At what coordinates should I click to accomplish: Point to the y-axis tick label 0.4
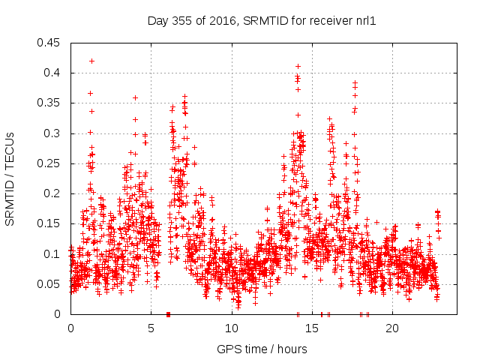click(x=55, y=73)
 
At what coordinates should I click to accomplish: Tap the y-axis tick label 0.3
click(x=55, y=133)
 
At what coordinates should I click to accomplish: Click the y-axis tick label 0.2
click(x=55, y=193)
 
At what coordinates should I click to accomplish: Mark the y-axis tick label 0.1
click(x=55, y=254)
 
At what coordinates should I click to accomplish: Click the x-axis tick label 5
click(x=151, y=328)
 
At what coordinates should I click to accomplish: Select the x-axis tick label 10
click(x=231, y=328)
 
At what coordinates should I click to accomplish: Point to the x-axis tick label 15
click(x=311, y=328)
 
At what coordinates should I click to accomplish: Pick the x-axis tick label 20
click(x=391, y=328)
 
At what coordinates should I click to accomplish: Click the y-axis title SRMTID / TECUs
click(x=10, y=178)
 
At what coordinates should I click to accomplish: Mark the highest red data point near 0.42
click(x=91, y=61)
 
